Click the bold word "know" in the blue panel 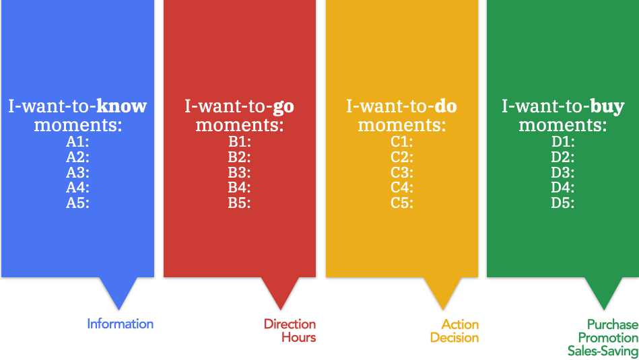tap(121, 106)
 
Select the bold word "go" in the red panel tap(283, 107)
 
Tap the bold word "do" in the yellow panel tap(446, 106)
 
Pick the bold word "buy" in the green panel tap(607, 107)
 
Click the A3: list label tap(78, 172)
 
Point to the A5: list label tap(78, 203)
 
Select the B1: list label tap(240, 142)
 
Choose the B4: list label tap(240, 187)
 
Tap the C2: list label tap(402, 157)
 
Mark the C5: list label tap(402, 203)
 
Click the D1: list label tap(563, 142)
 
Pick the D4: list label tap(563, 187)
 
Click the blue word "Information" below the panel tap(121, 324)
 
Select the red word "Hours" tap(299, 337)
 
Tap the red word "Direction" tap(290, 324)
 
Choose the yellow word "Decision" tap(455, 338)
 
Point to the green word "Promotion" tap(608, 338)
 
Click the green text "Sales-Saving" tap(603, 351)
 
